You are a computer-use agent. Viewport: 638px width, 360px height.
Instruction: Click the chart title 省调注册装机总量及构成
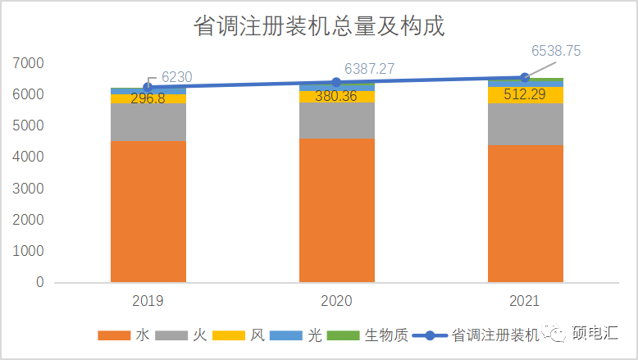319,26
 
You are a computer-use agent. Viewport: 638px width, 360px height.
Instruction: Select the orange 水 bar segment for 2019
148,212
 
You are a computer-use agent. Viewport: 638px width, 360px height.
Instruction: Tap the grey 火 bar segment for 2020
336,121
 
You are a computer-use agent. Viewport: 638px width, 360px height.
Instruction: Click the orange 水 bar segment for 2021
525,214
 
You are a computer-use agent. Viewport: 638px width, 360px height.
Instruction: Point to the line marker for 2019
148,87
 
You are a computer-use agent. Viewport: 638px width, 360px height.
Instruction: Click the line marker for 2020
336,82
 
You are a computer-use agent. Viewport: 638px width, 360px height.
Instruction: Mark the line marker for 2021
525,77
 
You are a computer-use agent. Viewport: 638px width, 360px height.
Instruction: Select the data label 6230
177,76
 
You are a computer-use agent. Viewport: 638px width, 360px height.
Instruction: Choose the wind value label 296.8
148,99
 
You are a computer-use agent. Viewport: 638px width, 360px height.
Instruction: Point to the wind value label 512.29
525,94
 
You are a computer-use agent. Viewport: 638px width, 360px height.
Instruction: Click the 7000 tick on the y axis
29,63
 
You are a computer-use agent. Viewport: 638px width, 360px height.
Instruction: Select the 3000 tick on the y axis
29,189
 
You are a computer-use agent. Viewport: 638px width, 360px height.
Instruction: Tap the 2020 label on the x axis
336,301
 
